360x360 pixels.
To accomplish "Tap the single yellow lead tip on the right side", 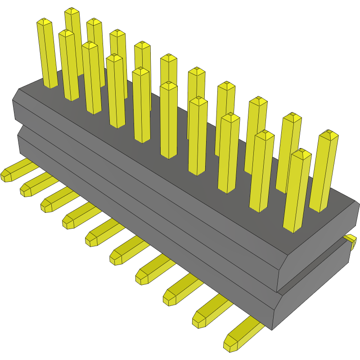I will (351, 240).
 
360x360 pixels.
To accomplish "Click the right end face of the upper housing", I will (315, 243).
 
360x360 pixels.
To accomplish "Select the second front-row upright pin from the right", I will (262, 171).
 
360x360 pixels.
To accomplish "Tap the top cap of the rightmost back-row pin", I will (329, 134).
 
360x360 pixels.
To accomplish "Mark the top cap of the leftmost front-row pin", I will (44, 21).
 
